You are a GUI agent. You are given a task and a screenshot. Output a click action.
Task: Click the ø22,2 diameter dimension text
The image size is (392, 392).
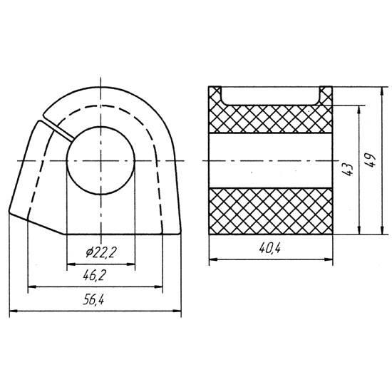click(x=100, y=252)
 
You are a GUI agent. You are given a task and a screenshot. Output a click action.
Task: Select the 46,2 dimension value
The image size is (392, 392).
click(x=94, y=276)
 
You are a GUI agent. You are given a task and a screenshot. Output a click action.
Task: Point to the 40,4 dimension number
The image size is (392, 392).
click(x=269, y=248)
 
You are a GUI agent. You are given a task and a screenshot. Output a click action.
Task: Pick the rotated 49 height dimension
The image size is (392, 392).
click(x=370, y=161)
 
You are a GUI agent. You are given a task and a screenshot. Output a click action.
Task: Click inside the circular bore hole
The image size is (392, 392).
click(x=100, y=160)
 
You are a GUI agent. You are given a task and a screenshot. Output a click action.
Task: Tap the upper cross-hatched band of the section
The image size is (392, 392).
click(x=271, y=119)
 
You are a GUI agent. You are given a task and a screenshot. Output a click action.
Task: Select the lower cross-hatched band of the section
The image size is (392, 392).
click(x=271, y=211)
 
